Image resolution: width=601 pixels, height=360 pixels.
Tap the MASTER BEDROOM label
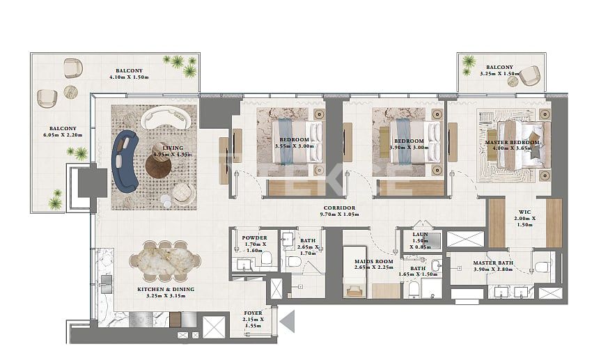tap(512, 142)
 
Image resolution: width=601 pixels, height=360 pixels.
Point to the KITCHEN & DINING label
tap(165, 289)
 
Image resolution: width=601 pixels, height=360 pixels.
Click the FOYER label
tap(253, 313)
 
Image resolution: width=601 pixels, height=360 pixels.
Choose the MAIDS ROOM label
tap(369, 261)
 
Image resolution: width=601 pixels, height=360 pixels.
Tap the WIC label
tap(525, 212)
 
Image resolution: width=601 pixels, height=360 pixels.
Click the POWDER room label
tap(249, 237)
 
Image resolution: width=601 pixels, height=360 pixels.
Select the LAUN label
tap(420, 235)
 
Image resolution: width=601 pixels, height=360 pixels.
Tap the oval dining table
tap(165, 258)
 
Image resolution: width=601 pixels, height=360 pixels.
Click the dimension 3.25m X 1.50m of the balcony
tap(500, 74)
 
